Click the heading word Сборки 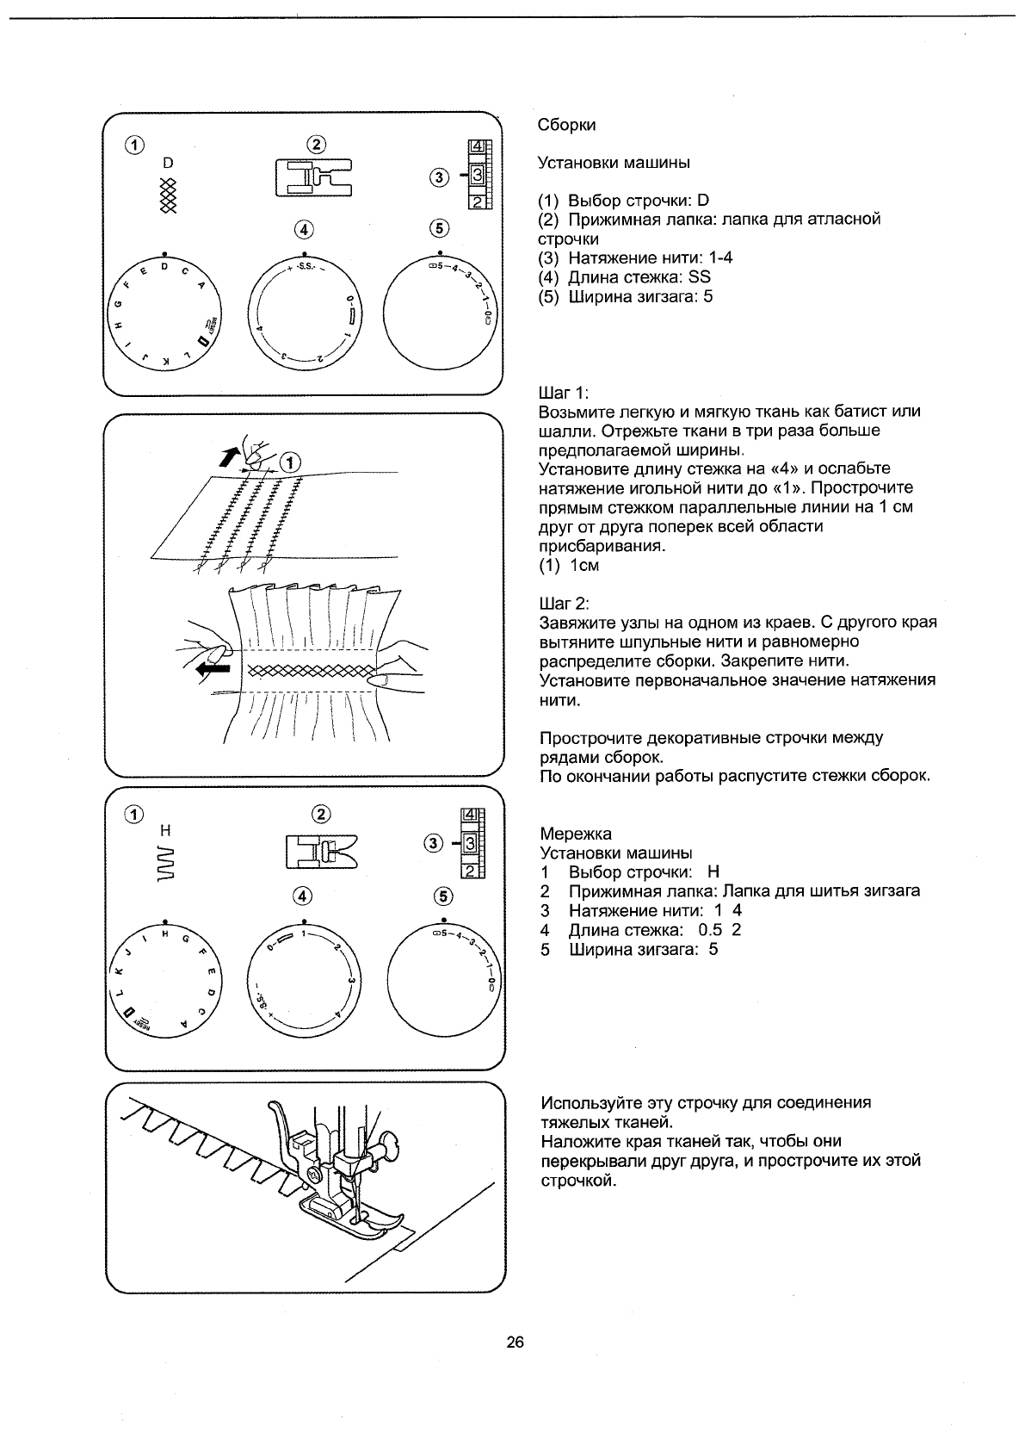pyautogui.click(x=566, y=125)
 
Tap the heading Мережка pyautogui.click(x=576, y=834)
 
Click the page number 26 pyautogui.click(x=516, y=1342)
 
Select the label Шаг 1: pyautogui.click(x=563, y=393)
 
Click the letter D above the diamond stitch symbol pyautogui.click(x=168, y=163)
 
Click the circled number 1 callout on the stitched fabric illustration pyautogui.click(x=292, y=462)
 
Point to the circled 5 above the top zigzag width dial pyautogui.click(x=440, y=228)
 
